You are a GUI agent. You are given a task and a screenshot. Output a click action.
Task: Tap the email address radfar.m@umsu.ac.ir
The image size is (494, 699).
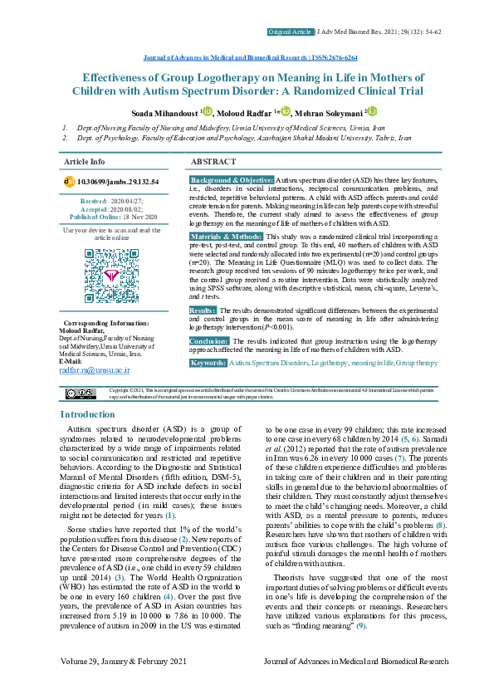(93, 370)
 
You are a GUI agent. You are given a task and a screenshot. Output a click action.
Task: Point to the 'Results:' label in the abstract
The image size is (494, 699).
(203, 310)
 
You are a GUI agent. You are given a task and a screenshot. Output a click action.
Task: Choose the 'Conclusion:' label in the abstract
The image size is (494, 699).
(209, 341)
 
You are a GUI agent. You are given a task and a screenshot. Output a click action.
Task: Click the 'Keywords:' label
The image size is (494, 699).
(208, 364)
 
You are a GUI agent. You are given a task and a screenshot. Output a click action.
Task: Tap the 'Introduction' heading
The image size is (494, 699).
(88, 414)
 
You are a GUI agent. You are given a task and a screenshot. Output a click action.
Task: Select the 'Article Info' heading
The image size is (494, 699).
(85, 161)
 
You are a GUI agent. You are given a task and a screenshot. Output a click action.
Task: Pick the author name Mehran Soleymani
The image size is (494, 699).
(330, 113)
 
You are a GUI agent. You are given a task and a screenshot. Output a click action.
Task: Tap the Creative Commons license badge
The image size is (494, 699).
(81, 393)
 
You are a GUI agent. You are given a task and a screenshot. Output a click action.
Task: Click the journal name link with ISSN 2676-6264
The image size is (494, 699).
(247, 58)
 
